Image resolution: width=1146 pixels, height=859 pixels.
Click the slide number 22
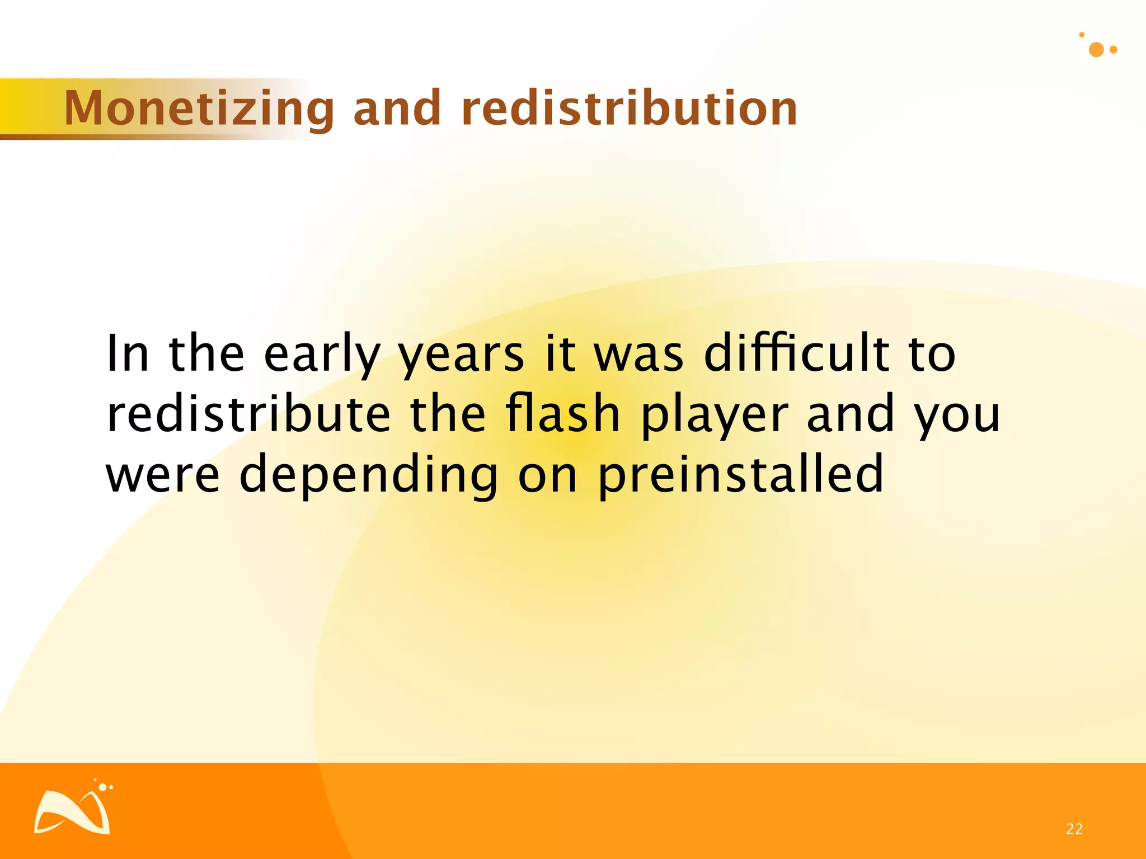pos(1074,829)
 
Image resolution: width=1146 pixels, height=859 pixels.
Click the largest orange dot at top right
pos(1096,50)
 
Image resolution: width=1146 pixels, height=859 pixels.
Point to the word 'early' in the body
pos(322,355)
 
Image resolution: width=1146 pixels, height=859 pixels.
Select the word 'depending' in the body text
pos(368,475)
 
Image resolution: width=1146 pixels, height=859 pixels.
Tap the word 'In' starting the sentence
pos(128,353)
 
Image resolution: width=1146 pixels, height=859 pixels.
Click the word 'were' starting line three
pos(163,475)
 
